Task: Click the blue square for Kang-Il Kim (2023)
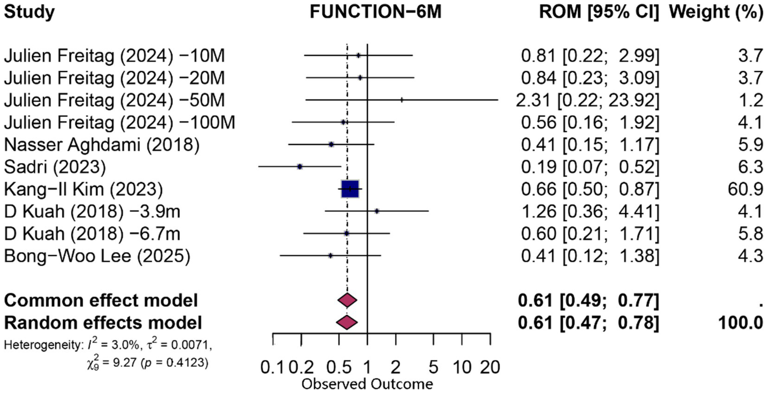pos(350,189)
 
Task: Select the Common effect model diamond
pos(347,300)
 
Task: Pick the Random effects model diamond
pos(347,322)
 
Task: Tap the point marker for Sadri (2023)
pos(299,166)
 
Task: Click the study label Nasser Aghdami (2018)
pos(101,144)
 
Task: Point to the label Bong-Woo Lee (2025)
pos(97,256)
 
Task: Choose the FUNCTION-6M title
pos(376,12)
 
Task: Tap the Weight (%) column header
pos(716,12)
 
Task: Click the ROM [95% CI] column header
pos(599,12)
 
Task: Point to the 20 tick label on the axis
pos(490,368)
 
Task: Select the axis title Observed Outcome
pos(367,384)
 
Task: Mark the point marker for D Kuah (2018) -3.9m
pos(376,211)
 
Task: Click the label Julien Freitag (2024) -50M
pos(114,100)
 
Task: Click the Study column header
pos(29,12)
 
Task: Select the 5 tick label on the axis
pos(433,368)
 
